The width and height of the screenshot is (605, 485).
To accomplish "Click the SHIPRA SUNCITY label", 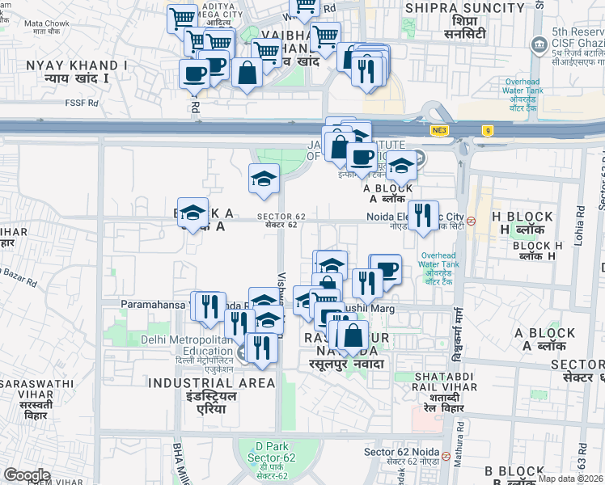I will pyautogui.click(x=464, y=8).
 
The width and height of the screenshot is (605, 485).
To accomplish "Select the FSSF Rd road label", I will pyautogui.click(x=82, y=103).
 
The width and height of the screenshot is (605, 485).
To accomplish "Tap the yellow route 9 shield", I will pyautogui.click(x=487, y=129).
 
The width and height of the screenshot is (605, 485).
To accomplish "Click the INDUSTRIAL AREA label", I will pyautogui.click(x=212, y=382).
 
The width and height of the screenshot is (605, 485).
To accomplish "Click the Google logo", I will pyautogui.click(x=27, y=474).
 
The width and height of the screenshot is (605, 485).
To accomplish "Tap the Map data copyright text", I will pyautogui.click(x=570, y=479).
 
